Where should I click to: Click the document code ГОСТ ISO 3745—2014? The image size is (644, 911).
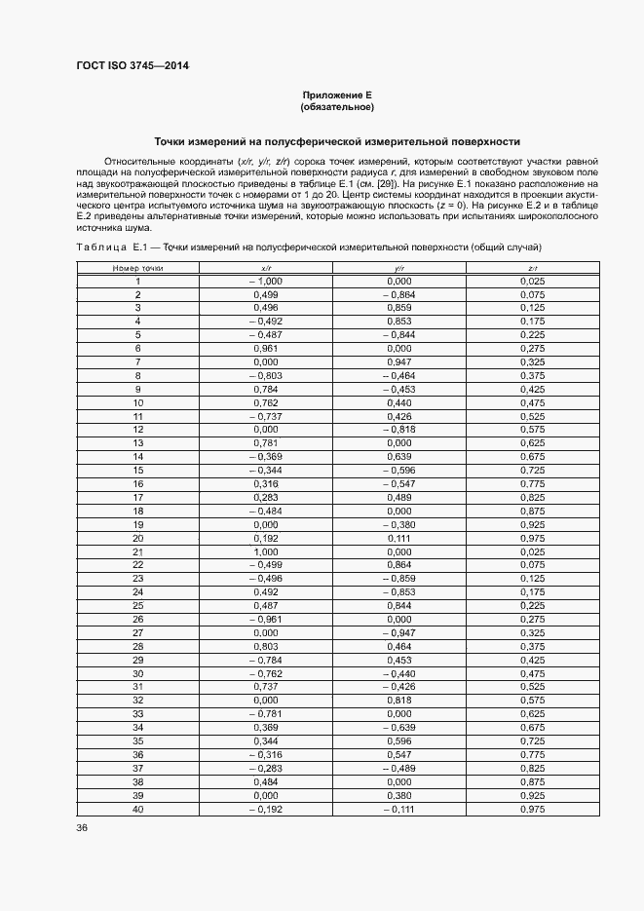click(x=133, y=66)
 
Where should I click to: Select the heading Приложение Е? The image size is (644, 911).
click(x=338, y=95)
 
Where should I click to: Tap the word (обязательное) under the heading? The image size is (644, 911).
click(x=338, y=106)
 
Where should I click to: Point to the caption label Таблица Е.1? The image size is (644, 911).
click(x=110, y=247)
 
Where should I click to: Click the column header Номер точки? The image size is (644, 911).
click(x=138, y=267)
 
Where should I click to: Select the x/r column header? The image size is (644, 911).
click(x=266, y=267)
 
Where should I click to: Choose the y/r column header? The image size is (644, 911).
click(x=399, y=267)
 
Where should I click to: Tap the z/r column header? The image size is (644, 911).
click(x=533, y=267)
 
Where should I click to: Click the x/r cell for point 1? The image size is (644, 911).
click(x=265, y=281)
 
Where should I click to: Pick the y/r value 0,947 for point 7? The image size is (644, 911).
click(x=399, y=361)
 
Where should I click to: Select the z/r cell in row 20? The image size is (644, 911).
click(x=533, y=538)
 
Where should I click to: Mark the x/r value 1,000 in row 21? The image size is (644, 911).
click(x=266, y=551)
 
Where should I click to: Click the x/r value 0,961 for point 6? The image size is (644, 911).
click(x=266, y=348)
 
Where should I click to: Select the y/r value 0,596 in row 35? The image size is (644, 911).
click(x=399, y=740)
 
